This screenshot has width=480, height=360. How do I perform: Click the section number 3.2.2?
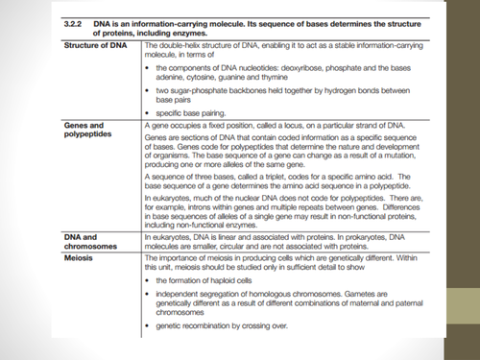[x=74, y=20]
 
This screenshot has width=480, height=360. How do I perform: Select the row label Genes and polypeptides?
[x=88, y=131]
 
